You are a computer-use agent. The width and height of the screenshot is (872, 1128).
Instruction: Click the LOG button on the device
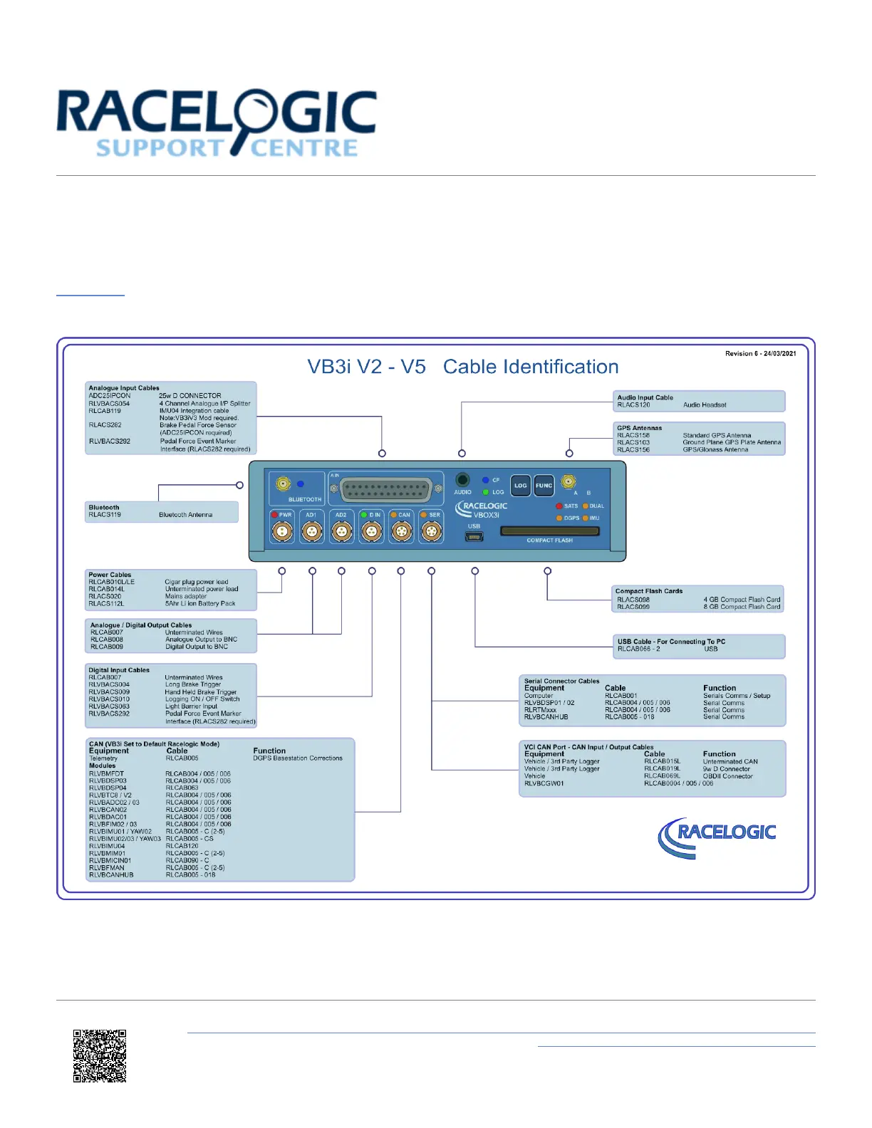coord(521,486)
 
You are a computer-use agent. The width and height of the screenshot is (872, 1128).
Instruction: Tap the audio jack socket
coord(462,480)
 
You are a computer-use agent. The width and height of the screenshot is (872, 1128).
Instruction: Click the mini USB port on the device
coord(474,536)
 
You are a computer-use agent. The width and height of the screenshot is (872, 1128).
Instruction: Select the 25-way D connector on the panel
coord(385,491)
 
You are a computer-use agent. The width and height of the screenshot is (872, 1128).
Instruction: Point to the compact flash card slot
coord(549,531)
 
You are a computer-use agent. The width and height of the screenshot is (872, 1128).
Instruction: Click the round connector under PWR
coord(283,531)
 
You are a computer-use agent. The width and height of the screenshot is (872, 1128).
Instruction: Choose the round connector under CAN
coord(401,531)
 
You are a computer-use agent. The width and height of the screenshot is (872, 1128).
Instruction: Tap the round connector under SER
coord(431,531)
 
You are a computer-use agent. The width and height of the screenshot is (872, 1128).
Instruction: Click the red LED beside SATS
coord(559,506)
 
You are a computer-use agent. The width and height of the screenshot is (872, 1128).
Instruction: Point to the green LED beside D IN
coord(363,515)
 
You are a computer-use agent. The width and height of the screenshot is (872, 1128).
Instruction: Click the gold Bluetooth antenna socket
coord(283,484)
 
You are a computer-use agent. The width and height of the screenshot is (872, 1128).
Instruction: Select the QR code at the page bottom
coord(100,1055)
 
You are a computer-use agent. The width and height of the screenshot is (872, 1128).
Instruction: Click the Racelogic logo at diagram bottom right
coord(718,836)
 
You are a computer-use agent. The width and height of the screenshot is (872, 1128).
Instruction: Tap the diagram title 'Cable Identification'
coord(531,367)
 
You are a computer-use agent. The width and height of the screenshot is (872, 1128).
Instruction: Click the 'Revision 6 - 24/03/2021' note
coord(760,353)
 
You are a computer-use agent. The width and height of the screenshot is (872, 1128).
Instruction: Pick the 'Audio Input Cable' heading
coord(645,397)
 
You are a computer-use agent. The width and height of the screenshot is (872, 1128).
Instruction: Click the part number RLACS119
coord(105,515)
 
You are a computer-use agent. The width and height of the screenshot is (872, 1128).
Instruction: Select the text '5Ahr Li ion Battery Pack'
coord(200,604)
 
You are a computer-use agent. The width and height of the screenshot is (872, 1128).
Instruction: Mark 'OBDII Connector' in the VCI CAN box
coord(727,776)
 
